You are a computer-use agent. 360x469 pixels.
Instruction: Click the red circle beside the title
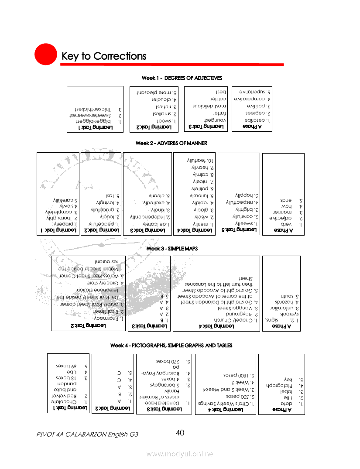point(46,55)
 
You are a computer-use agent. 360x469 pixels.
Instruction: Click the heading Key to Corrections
point(104,56)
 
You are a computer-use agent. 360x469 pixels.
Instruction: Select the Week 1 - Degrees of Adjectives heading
point(182,78)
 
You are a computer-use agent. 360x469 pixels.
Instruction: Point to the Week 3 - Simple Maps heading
point(172,248)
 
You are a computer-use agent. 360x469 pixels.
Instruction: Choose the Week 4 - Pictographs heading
point(171,346)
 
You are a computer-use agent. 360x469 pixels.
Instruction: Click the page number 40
point(180,433)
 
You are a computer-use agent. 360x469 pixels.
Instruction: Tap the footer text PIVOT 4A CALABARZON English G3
point(88,435)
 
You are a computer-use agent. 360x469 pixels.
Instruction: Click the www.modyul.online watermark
point(180,454)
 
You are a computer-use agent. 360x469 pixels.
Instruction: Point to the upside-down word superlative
point(253,92)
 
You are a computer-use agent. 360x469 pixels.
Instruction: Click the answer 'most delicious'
point(209,106)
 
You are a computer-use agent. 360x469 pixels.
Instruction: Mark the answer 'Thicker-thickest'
point(93,109)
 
